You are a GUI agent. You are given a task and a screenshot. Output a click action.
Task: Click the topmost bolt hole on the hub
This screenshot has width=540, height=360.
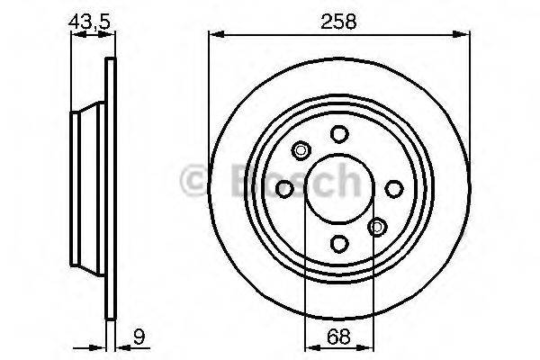tap(338, 133)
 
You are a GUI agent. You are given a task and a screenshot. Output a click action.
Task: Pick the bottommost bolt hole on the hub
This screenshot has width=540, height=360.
tap(338, 243)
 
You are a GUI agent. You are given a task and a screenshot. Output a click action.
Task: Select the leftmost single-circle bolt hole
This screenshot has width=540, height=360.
tap(284, 188)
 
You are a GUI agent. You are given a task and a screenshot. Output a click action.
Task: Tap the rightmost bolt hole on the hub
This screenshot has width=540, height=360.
tap(393, 188)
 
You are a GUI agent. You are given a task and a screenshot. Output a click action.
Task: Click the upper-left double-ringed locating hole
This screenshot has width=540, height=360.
tap(301, 150)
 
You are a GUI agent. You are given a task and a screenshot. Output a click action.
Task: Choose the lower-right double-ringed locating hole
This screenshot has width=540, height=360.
tap(378, 227)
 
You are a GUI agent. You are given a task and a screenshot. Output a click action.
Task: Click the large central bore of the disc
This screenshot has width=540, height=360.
tap(338, 188)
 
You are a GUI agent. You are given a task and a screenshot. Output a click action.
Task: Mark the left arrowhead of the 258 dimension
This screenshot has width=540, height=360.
tap(214, 35)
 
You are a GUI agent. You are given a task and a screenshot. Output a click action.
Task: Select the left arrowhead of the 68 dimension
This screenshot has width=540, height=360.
tap(309, 348)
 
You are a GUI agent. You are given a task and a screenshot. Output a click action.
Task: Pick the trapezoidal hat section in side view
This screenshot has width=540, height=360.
tap(88, 188)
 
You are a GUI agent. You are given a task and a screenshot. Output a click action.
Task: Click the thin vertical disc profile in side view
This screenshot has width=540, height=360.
tap(112, 188)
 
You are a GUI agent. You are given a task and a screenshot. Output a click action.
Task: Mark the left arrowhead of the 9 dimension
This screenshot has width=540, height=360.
tap(102, 348)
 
